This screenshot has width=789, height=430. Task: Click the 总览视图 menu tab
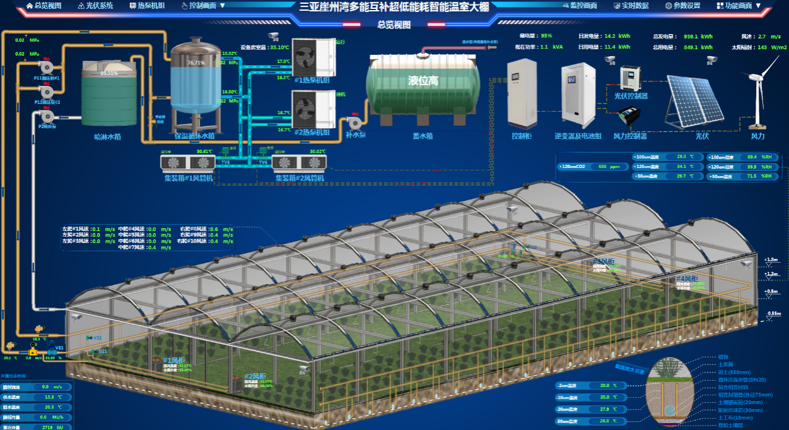coord(44,6)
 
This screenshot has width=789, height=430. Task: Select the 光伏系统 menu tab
coord(95,6)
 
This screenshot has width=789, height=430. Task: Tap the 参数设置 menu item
coord(682,6)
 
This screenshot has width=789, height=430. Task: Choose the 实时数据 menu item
coord(631,6)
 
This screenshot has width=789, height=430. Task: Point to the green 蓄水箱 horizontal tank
coord(423,85)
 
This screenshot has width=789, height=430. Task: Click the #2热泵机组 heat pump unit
coord(313,109)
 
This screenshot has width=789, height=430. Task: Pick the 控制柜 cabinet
coord(521,93)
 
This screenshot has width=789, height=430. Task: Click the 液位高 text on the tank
coord(423,81)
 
